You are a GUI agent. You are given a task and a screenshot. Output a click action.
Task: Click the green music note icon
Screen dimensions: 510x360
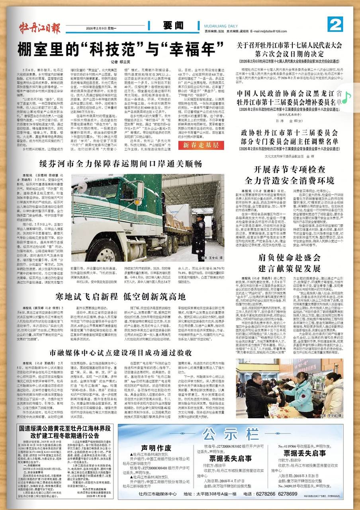pyautogui.click(x=347, y=96)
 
